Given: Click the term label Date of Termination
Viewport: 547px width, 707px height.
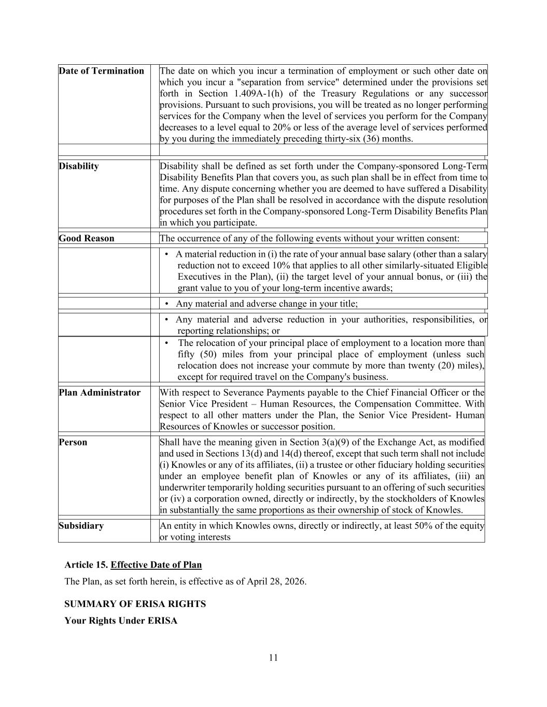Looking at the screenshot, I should [101, 71].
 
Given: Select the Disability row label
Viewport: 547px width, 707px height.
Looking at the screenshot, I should [79, 166].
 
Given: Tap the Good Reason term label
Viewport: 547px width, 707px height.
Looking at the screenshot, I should [87, 238].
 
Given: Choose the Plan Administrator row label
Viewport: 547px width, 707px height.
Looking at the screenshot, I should [100, 393].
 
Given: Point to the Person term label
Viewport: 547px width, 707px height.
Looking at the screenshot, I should [73, 442].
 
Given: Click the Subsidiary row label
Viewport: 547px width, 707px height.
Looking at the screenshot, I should [81, 526].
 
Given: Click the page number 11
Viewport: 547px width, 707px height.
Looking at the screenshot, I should [273, 658].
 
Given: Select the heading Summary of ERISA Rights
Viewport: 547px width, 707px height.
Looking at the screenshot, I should [135, 604].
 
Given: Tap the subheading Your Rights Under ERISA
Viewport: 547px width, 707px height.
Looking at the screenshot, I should [121, 621].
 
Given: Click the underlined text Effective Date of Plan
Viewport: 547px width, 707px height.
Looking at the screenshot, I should [156, 565].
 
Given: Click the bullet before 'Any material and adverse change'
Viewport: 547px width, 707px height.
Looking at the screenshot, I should [166, 304].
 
